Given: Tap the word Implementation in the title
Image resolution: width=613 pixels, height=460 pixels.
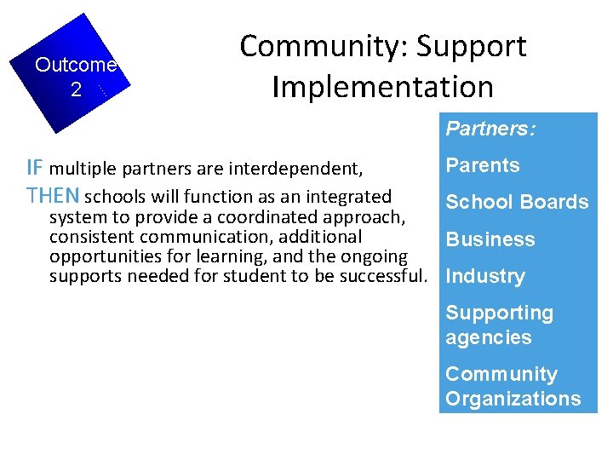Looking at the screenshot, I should tap(382, 86).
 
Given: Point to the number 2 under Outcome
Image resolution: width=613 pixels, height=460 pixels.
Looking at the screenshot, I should tap(76, 89).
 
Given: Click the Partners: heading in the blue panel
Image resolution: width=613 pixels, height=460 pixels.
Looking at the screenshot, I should tap(490, 129).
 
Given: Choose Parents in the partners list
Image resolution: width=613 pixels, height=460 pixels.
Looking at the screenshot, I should tap(483, 165).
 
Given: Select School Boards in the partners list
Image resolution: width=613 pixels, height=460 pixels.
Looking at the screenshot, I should tap(517, 202).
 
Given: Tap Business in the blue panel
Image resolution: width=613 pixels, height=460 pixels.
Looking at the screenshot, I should tap(490, 239).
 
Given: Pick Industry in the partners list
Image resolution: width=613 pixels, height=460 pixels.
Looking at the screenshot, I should tap(485, 276).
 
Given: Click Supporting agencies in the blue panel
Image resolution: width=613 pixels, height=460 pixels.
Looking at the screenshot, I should tap(499, 325).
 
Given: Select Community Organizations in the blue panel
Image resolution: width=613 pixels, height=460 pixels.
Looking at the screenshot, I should tap(513, 386).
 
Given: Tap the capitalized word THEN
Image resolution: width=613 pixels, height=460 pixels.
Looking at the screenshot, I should tap(54, 196).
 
